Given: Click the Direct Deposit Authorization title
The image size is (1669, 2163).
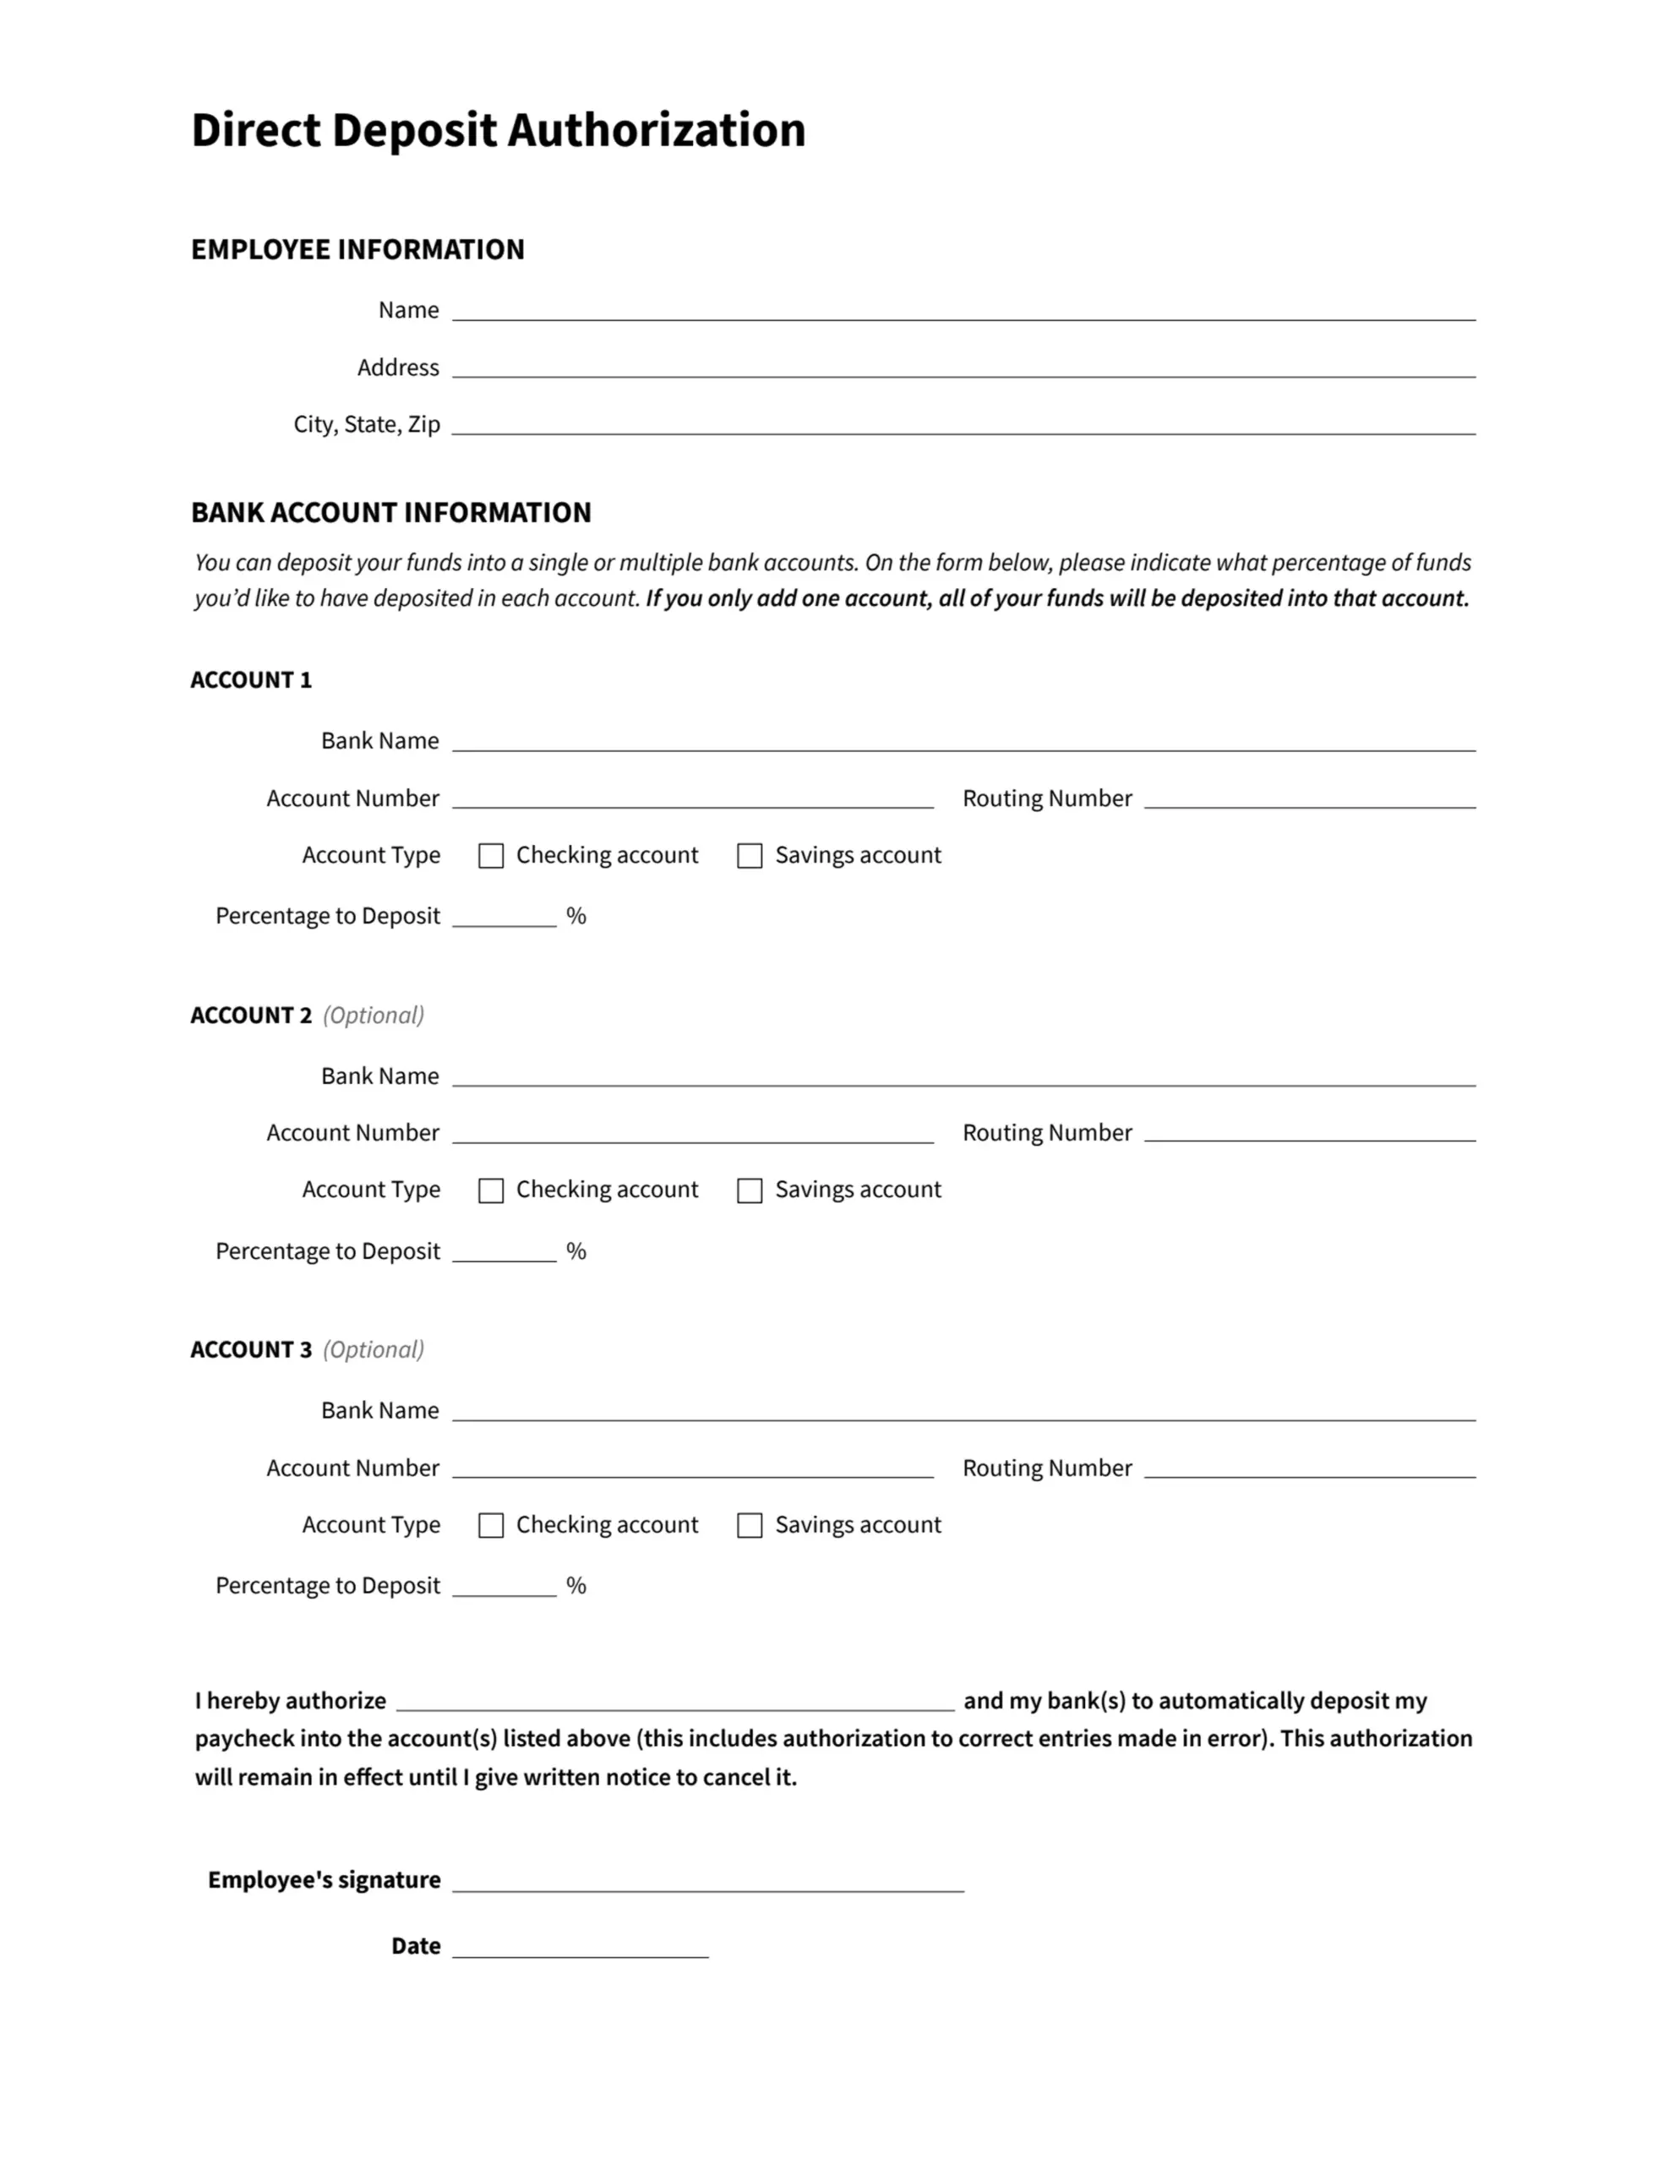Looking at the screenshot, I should pos(499,131).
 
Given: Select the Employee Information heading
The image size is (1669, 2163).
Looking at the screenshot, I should pos(357,249).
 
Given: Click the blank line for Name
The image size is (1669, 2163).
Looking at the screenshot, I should pos(963,311).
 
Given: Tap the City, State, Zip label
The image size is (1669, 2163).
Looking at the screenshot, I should pos(367,425).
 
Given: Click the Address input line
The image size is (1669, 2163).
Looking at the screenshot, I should pos(963,368).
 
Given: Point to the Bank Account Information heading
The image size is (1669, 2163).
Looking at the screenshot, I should pos(390,513).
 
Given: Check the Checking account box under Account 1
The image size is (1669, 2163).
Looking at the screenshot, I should pos(491,856).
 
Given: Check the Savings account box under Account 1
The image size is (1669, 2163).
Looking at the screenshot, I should pos(750,856).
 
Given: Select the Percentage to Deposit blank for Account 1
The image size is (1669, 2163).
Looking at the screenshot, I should pos(505,917).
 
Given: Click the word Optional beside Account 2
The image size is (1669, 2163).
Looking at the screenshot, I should pos(374,1015).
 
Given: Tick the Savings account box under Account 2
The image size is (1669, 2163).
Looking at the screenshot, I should pos(750,1190).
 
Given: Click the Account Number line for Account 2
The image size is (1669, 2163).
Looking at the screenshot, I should pos(692,1134).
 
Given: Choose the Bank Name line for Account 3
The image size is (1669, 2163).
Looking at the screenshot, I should pos(963,1411).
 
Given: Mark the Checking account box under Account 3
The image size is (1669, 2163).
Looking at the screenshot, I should pos(491,1525).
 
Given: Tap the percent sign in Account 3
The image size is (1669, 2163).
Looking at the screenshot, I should pos(576,1587).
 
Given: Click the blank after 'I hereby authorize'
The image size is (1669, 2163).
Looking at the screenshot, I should pos(674,1702).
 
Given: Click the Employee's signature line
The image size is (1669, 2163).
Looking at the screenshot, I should pos(707,1882).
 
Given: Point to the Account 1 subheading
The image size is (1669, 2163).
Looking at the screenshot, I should pos(251,680).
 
